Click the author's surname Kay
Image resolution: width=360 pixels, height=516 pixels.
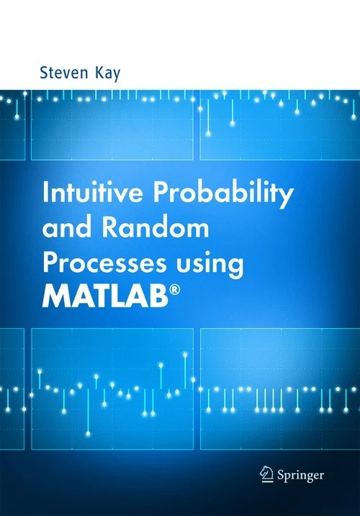[x=108, y=73]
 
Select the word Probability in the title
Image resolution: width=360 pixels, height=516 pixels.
[x=222, y=194]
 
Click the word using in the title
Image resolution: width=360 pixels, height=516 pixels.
[x=210, y=266]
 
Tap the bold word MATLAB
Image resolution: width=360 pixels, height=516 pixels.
[x=105, y=297]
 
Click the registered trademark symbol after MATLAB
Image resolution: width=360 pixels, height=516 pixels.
[x=175, y=291]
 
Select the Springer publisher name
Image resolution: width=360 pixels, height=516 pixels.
[x=300, y=476]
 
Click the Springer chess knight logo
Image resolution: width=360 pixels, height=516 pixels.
[x=266, y=474]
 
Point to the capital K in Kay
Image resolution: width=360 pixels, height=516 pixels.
[x=100, y=73]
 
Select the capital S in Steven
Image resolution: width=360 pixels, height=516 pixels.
[x=44, y=73]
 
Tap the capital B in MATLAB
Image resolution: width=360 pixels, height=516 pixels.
[x=159, y=297]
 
